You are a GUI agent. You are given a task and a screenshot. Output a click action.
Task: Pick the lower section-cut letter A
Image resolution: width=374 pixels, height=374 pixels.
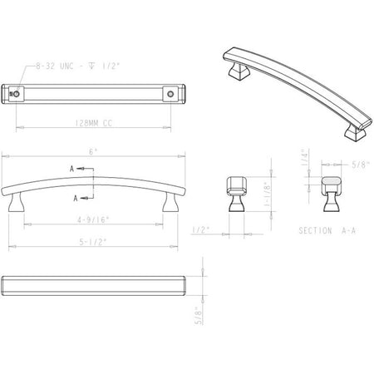pos(76,199)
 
